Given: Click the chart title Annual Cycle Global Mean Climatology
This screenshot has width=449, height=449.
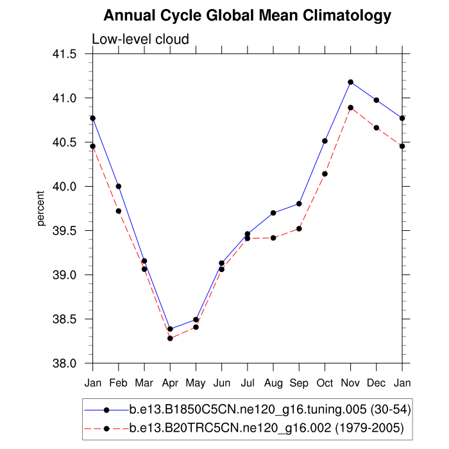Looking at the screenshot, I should pyautogui.click(x=247, y=15).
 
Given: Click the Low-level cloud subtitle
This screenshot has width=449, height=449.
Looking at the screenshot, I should pyautogui.click(x=140, y=39).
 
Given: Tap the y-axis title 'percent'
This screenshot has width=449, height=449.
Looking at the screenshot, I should pyautogui.click(x=40, y=208).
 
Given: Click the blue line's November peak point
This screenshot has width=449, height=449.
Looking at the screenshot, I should pyautogui.click(x=351, y=82).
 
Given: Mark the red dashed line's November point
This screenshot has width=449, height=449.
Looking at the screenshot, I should pyautogui.click(x=351, y=108).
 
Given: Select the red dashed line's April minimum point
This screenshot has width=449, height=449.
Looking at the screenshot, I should pyautogui.click(x=170, y=338).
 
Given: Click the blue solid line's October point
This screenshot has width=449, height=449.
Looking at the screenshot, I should pyautogui.click(x=325, y=141).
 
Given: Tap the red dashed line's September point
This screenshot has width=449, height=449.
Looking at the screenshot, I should pyautogui.click(x=299, y=229).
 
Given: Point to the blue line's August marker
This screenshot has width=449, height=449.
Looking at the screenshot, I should pyautogui.click(x=273, y=213).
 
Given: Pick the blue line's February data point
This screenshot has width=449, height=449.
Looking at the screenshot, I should pyautogui.click(x=119, y=186).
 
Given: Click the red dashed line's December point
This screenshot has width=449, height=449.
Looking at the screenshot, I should pyautogui.click(x=377, y=128).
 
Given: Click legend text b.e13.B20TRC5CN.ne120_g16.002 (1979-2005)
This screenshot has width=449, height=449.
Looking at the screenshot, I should pyautogui.click(x=266, y=427).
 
